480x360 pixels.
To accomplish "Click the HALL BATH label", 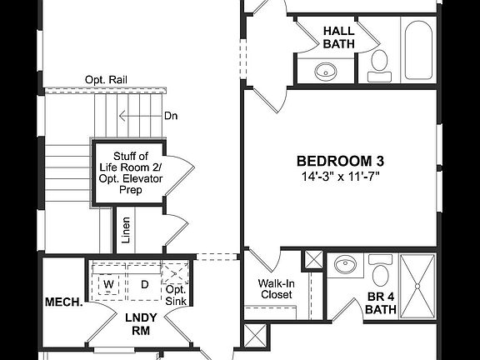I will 338,37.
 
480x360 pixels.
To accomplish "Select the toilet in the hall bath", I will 379,62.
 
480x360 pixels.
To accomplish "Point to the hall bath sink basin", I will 324,72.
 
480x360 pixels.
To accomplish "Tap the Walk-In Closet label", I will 275,288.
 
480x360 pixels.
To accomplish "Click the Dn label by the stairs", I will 172,116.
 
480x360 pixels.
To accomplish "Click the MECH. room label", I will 63,302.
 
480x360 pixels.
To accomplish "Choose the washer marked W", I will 108,285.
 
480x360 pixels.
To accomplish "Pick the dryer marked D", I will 143,285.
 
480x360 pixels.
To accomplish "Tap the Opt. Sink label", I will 175,294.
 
